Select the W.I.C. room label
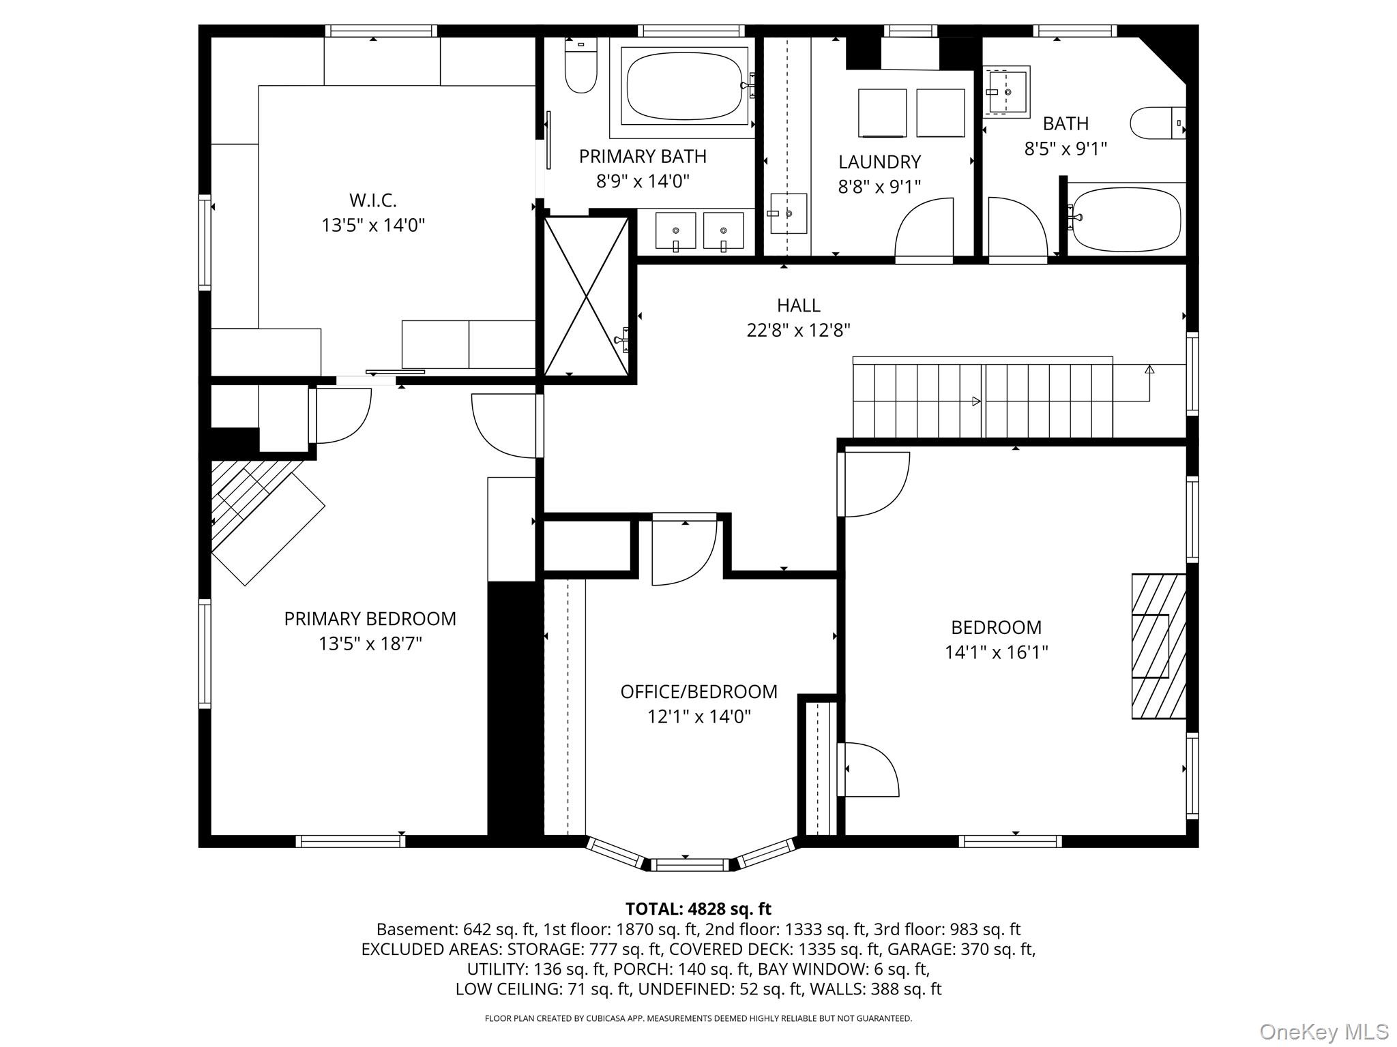click(x=373, y=200)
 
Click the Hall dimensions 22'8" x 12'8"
click(x=798, y=331)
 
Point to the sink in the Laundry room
click(x=789, y=213)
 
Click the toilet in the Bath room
click(x=1156, y=123)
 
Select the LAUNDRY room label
click(x=879, y=162)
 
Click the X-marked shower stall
click(x=586, y=296)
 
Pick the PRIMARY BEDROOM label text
click(x=370, y=619)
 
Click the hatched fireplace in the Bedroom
click(x=1158, y=646)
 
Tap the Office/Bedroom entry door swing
click(x=682, y=552)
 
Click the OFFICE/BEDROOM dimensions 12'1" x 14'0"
click(x=698, y=716)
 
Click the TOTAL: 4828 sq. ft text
click(x=698, y=909)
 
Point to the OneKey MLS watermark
click(x=1323, y=1031)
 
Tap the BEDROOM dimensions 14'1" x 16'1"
click(x=996, y=652)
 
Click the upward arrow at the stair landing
click(x=1149, y=370)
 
